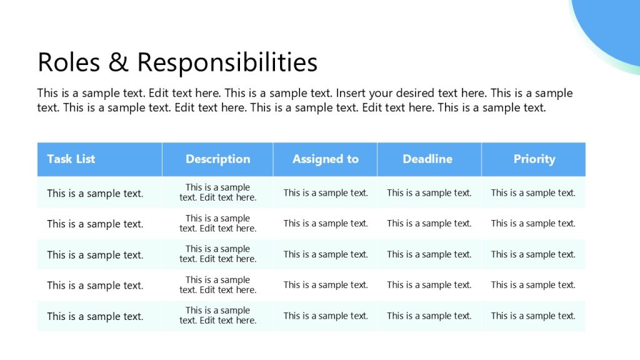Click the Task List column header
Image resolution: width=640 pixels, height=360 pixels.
[x=71, y=159]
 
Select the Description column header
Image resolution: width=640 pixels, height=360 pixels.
[x=217, y=159]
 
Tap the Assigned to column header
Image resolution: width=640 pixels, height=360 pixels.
[x=326, y=159]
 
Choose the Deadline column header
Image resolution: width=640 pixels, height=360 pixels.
[x=427, y=159]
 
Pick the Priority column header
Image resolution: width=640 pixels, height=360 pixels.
[x=534, y=159]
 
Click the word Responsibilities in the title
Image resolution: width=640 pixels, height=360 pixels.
[x=227, y=62]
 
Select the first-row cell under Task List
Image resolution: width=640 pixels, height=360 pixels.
[x=95, y=193]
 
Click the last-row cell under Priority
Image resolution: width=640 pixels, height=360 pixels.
[x=533, y=316]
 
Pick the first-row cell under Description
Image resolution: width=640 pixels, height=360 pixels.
[x=217, y=192]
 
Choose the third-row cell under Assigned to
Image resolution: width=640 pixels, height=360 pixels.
[x=326, y=254]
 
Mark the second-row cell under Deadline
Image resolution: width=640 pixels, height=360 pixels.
[x=429, y=223]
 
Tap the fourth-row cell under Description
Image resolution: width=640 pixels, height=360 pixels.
[x=217, y=285]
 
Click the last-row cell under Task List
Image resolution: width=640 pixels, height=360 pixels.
[x=95, y=316]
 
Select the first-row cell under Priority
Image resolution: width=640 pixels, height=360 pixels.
[x=533, y=192]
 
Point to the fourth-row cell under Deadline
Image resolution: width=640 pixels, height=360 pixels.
[x=429, y=285]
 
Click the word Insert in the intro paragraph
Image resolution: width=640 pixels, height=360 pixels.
[x=351, y=93]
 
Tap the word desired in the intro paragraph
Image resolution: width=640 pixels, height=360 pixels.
[x=416, y=94]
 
